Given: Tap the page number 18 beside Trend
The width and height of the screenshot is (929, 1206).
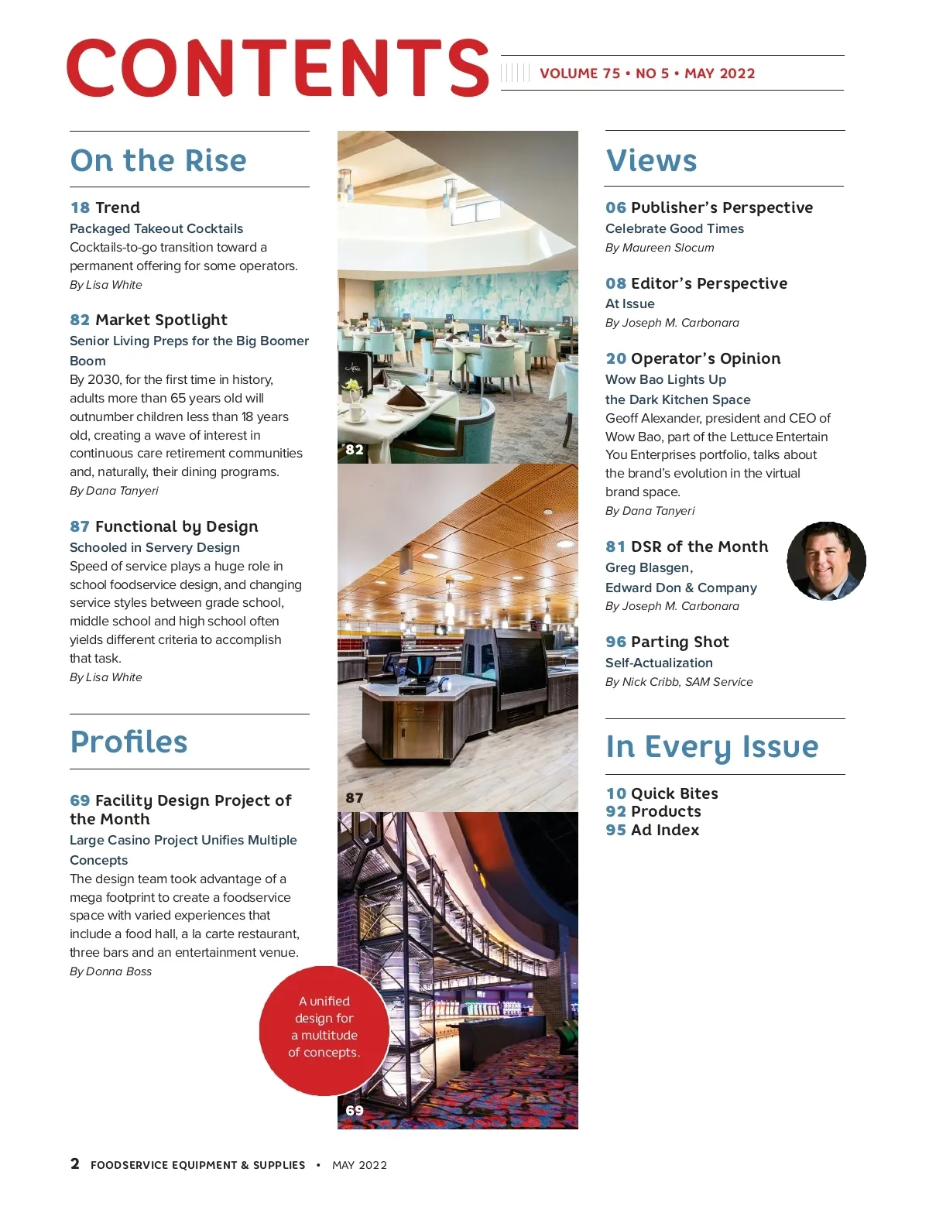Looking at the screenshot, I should click(80, 207).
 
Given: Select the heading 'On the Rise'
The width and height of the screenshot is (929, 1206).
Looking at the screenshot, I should click(159, 160).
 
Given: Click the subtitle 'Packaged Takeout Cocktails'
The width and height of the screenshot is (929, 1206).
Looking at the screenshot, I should click(156, 228).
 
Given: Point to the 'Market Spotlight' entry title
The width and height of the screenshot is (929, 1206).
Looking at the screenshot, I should click(161, 320).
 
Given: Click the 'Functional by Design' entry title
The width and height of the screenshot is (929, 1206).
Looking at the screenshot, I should click(177, 526).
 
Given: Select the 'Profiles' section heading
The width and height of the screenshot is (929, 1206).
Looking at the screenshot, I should click(129, 742).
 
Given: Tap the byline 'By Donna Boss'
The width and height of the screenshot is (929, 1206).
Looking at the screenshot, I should click(111, 971).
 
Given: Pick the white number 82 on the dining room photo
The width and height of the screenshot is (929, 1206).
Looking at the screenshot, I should click(355, 450).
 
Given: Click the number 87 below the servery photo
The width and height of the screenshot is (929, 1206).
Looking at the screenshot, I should click(355, 798).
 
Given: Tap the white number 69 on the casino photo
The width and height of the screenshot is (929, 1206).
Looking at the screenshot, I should click(355, 1111).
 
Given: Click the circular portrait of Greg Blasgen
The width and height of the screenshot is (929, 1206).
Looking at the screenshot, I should click(826, 561).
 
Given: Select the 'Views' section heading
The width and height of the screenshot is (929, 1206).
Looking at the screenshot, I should click(652, 161).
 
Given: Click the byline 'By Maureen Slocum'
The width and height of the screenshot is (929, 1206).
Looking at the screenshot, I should click(660, 248).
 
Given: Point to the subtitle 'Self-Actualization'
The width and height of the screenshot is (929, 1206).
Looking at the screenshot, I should click(659, 663).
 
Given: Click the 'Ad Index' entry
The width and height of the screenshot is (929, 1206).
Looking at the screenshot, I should click(665, 830).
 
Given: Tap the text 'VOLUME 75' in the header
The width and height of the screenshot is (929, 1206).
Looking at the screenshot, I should click(580, 74).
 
